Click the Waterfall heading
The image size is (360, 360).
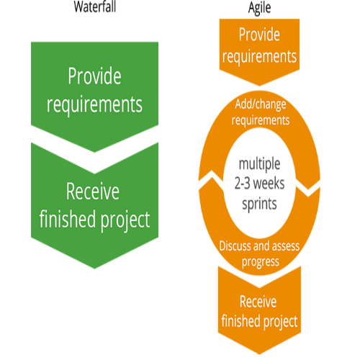[95, 6]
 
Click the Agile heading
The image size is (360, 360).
[259, 9]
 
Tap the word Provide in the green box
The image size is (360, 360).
[94, 76]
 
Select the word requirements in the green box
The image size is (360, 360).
[94, 104]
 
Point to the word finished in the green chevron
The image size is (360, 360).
[68, 218]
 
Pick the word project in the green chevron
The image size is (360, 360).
[125, 220]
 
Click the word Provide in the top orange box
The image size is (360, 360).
[259, 35]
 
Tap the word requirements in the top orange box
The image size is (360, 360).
[259, 57]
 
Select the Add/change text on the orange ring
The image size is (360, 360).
[261, 104]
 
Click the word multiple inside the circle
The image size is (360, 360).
[259, 165]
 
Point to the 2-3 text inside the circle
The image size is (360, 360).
[243, 184]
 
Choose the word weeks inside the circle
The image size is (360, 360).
[269, 184]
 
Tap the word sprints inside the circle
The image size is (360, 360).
[259, 204]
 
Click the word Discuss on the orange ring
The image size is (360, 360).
[235, 246]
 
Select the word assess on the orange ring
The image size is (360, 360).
[286, 246]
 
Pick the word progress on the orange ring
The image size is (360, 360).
[261, 261]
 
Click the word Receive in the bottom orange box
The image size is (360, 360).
[258, 302]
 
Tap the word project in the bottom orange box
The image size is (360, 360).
[281, 322]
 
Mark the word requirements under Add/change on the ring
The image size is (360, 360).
[261, 120]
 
